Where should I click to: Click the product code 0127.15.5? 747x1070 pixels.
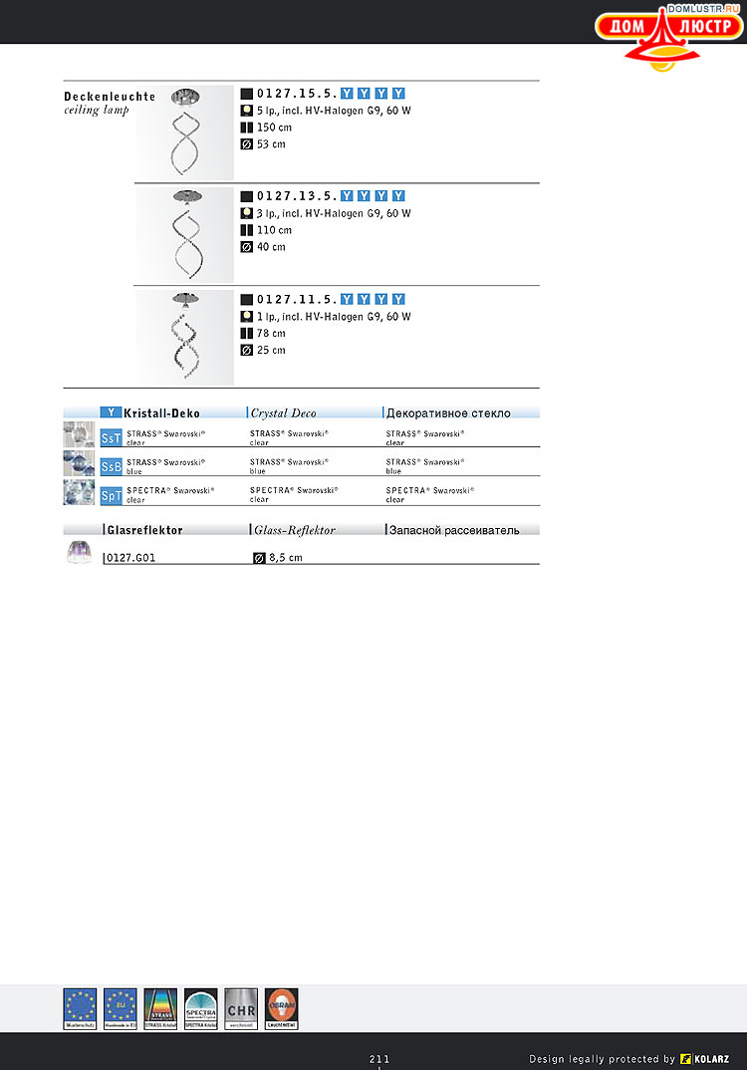pyautogui.click(x=296, y=94)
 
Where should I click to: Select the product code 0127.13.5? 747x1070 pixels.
pyautogui.click(x=296, y=196)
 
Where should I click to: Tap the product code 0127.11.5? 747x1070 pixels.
pyautogui.click(x=296, y=299)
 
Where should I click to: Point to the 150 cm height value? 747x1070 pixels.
pyautogui.click(x=274, y=128)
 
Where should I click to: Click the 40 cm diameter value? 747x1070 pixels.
pyautogui.click(x=271, y=247)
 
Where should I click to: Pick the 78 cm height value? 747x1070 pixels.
pyautogui.click(x=271, y=334)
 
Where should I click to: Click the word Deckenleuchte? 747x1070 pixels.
pyautogui.click(x=110, y=97)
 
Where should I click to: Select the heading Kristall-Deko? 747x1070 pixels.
pyautogui.click(x=161, y=413)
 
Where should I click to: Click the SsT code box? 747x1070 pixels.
pyautogui.click(x=112, y=437)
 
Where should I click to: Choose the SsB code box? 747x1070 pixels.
pyautogui.click(x=112, y=466)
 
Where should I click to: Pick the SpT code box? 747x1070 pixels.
pyautogui.click(x=112, y=494)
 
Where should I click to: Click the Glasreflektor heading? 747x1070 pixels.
pyautogui.click(x=144, y=531)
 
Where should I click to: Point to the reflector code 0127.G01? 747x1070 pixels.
pyautogui.click(x=131, y=558)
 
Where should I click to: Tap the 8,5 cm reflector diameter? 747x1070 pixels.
pyautogui.click(x=285, y=558)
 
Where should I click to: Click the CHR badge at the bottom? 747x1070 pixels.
pyautogui.click(x=241, y=1008)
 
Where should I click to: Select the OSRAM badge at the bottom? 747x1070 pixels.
pyautogui.click(x=282, y=1008)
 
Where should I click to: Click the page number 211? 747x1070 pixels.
pyautogui.click(x=379, y=1058)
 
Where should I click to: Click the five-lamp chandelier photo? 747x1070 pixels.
pyautogui.click(x=185, y=132)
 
